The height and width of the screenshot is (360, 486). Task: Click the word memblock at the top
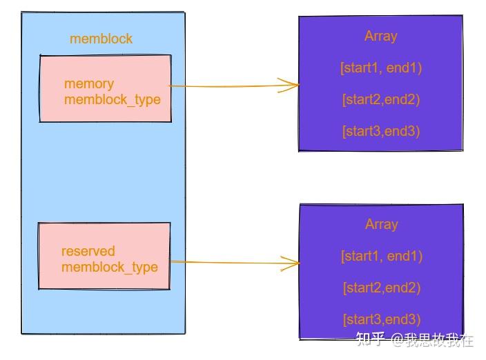101,39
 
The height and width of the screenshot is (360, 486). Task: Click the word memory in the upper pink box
89,83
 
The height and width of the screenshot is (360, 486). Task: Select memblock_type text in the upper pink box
112,99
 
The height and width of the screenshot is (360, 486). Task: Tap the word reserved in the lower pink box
88,251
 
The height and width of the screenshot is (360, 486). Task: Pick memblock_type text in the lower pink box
110,267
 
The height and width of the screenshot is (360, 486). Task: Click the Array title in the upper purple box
380,36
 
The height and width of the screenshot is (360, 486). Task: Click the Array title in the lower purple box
381,224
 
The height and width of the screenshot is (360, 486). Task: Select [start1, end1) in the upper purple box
380,68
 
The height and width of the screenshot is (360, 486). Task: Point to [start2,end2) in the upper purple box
380,99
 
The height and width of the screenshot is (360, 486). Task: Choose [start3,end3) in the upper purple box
380,131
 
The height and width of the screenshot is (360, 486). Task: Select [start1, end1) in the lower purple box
381,256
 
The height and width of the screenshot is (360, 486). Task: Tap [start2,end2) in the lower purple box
381,288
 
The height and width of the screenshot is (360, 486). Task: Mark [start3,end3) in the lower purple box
381,319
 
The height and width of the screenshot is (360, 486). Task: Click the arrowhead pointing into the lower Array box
293,263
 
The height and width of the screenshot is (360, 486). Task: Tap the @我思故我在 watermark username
432,339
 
